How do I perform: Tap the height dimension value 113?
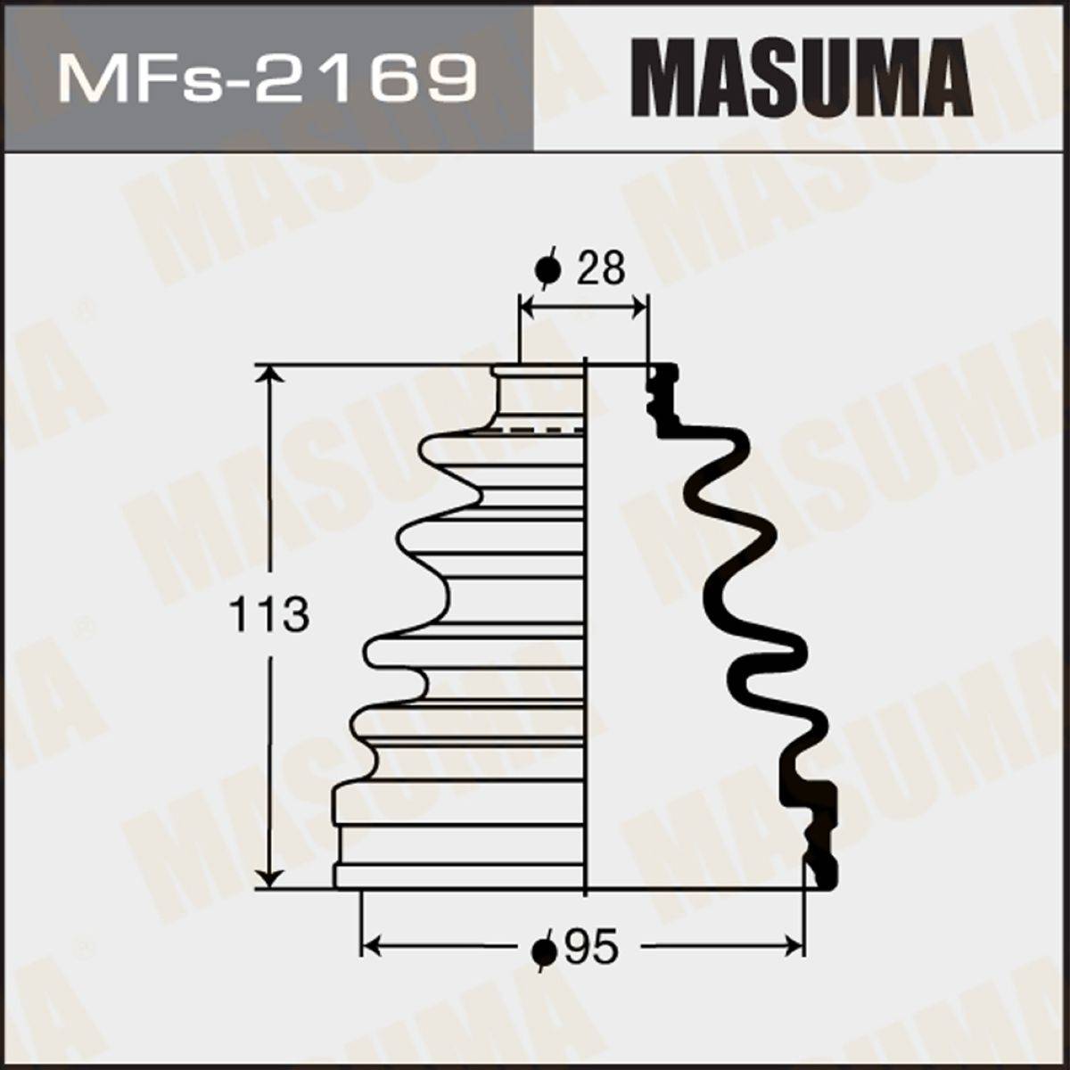tap(268, 614)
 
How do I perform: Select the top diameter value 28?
tap(600, 267)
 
